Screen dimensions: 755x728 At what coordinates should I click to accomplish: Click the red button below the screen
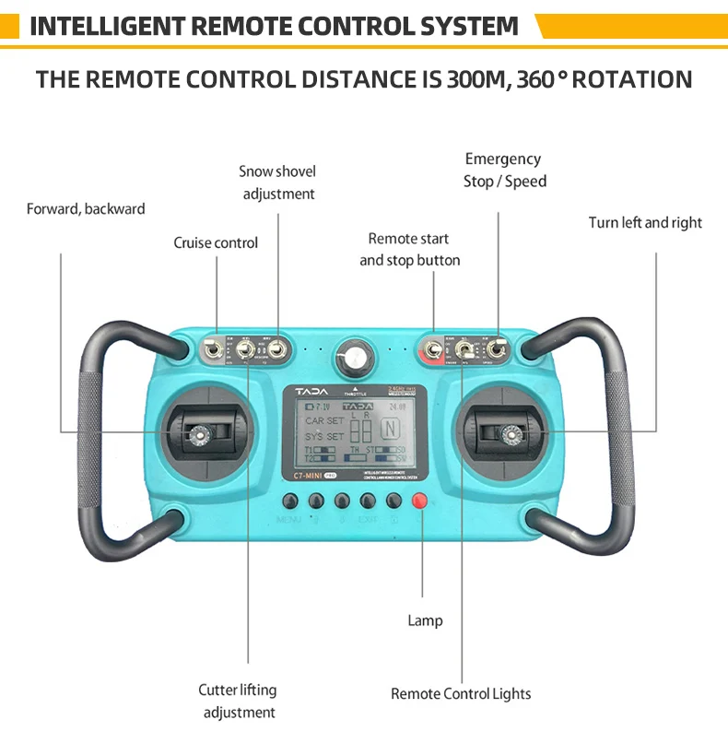420,501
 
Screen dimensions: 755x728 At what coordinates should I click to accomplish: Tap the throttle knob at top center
351,355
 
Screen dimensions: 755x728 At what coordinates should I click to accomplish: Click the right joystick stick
508,431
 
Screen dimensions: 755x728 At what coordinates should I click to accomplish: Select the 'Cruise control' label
216,242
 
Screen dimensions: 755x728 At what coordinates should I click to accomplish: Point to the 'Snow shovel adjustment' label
277,183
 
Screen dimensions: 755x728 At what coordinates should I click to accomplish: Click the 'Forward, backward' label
86,208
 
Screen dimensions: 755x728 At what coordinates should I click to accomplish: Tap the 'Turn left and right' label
645,222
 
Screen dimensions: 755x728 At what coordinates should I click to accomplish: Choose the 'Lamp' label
425,620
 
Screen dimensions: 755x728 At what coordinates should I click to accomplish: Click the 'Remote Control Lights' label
461,693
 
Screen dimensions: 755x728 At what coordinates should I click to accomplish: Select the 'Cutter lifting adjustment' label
239,701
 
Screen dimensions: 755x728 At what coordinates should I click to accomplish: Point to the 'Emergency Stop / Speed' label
504,171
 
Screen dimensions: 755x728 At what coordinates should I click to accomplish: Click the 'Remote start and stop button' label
409,250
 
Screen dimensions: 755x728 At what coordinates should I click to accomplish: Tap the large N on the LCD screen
391,429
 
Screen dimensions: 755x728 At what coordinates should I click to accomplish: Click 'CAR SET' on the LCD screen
324,420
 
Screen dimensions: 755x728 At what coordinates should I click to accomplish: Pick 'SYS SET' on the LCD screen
324,436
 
